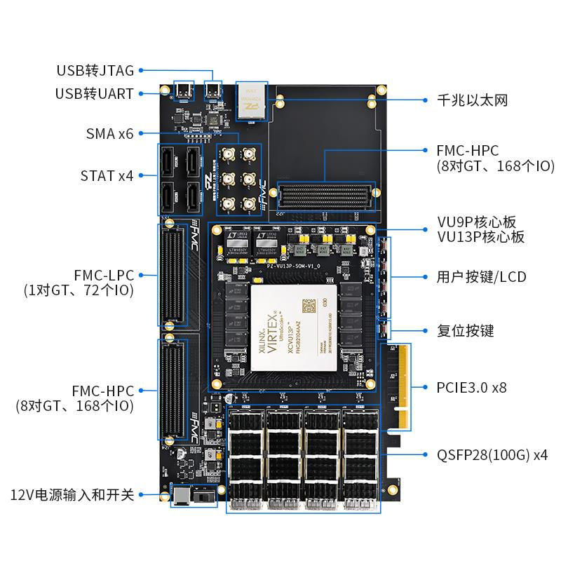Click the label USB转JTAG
[95, 71]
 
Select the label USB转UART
[95, 93]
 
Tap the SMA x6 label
[109, 133]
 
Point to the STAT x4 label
[107, 175]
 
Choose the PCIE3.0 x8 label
[471, 387]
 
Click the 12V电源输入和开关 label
[72, 495]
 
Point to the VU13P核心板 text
[481, 237]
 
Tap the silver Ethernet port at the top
[252, 100]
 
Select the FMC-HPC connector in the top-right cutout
[326, 196]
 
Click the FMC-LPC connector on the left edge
[170, 274]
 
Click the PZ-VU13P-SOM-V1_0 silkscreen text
[294, 266]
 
